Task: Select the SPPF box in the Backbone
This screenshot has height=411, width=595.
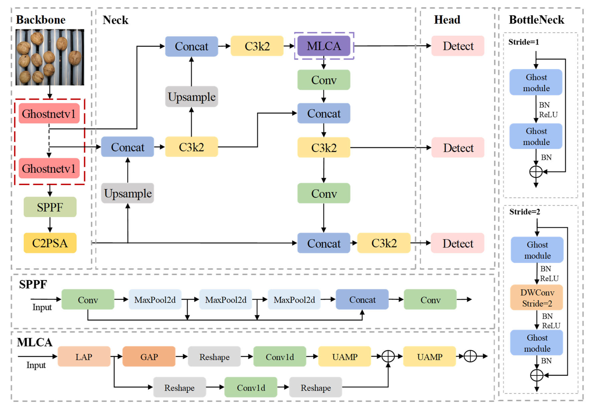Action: tap(50, 207)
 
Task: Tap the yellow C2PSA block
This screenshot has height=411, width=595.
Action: tap(50, 243)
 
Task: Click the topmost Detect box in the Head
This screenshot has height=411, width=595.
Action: tap(458, 46)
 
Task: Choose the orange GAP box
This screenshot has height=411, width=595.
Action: tap(149, 357)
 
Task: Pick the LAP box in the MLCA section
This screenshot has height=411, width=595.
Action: tap(84, 357)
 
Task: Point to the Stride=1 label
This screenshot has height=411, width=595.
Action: tap(523, 42)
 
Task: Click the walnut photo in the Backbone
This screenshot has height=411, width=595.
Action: tap(50, 57)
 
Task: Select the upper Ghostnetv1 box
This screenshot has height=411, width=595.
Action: tap(49, 114)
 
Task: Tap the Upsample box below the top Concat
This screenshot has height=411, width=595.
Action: tap(191, 97)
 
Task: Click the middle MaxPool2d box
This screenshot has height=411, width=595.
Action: tap(225, 299)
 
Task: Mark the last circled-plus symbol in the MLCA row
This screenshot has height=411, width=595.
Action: tap(470, 356)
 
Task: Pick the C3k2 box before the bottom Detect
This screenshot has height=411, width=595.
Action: tap(383, 243)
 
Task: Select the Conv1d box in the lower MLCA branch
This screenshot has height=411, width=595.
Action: tap(251, 388)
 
